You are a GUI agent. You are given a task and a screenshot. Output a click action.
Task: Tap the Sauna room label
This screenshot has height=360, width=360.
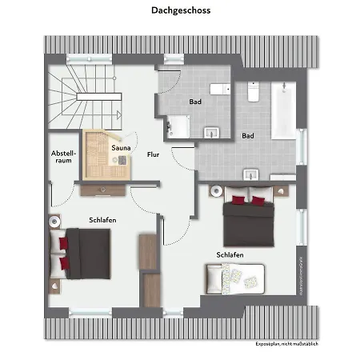[122, 148]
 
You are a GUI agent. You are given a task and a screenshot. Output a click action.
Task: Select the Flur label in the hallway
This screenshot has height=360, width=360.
[153, 154]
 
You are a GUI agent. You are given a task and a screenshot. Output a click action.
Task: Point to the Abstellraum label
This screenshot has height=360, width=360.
[62, 156]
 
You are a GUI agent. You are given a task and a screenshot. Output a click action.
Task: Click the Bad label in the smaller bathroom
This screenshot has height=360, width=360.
[195, 102]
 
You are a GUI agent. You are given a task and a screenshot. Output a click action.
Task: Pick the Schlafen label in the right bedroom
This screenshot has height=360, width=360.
[229, 255]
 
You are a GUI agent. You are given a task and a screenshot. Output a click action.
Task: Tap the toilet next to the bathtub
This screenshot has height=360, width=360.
[252, 93]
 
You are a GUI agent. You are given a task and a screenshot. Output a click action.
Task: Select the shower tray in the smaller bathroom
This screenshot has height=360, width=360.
[178, 126]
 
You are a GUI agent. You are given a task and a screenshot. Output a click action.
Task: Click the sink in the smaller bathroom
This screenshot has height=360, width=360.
[212, 131]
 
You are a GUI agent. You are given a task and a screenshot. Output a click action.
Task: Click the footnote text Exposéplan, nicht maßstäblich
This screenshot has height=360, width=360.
[287, 344]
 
